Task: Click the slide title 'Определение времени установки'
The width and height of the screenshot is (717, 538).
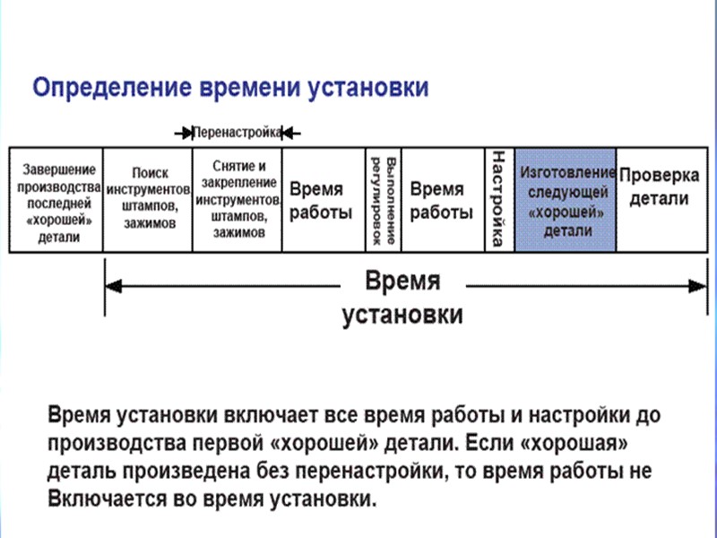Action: tap(230, 88)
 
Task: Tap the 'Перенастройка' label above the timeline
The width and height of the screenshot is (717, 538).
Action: tap(238, 132)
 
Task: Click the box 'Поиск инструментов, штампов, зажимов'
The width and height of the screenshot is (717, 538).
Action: tap(149, 198)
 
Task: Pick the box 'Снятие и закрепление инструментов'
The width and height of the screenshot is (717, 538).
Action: tap(238, 199)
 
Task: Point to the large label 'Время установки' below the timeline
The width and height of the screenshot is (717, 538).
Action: tap(402, 298)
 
